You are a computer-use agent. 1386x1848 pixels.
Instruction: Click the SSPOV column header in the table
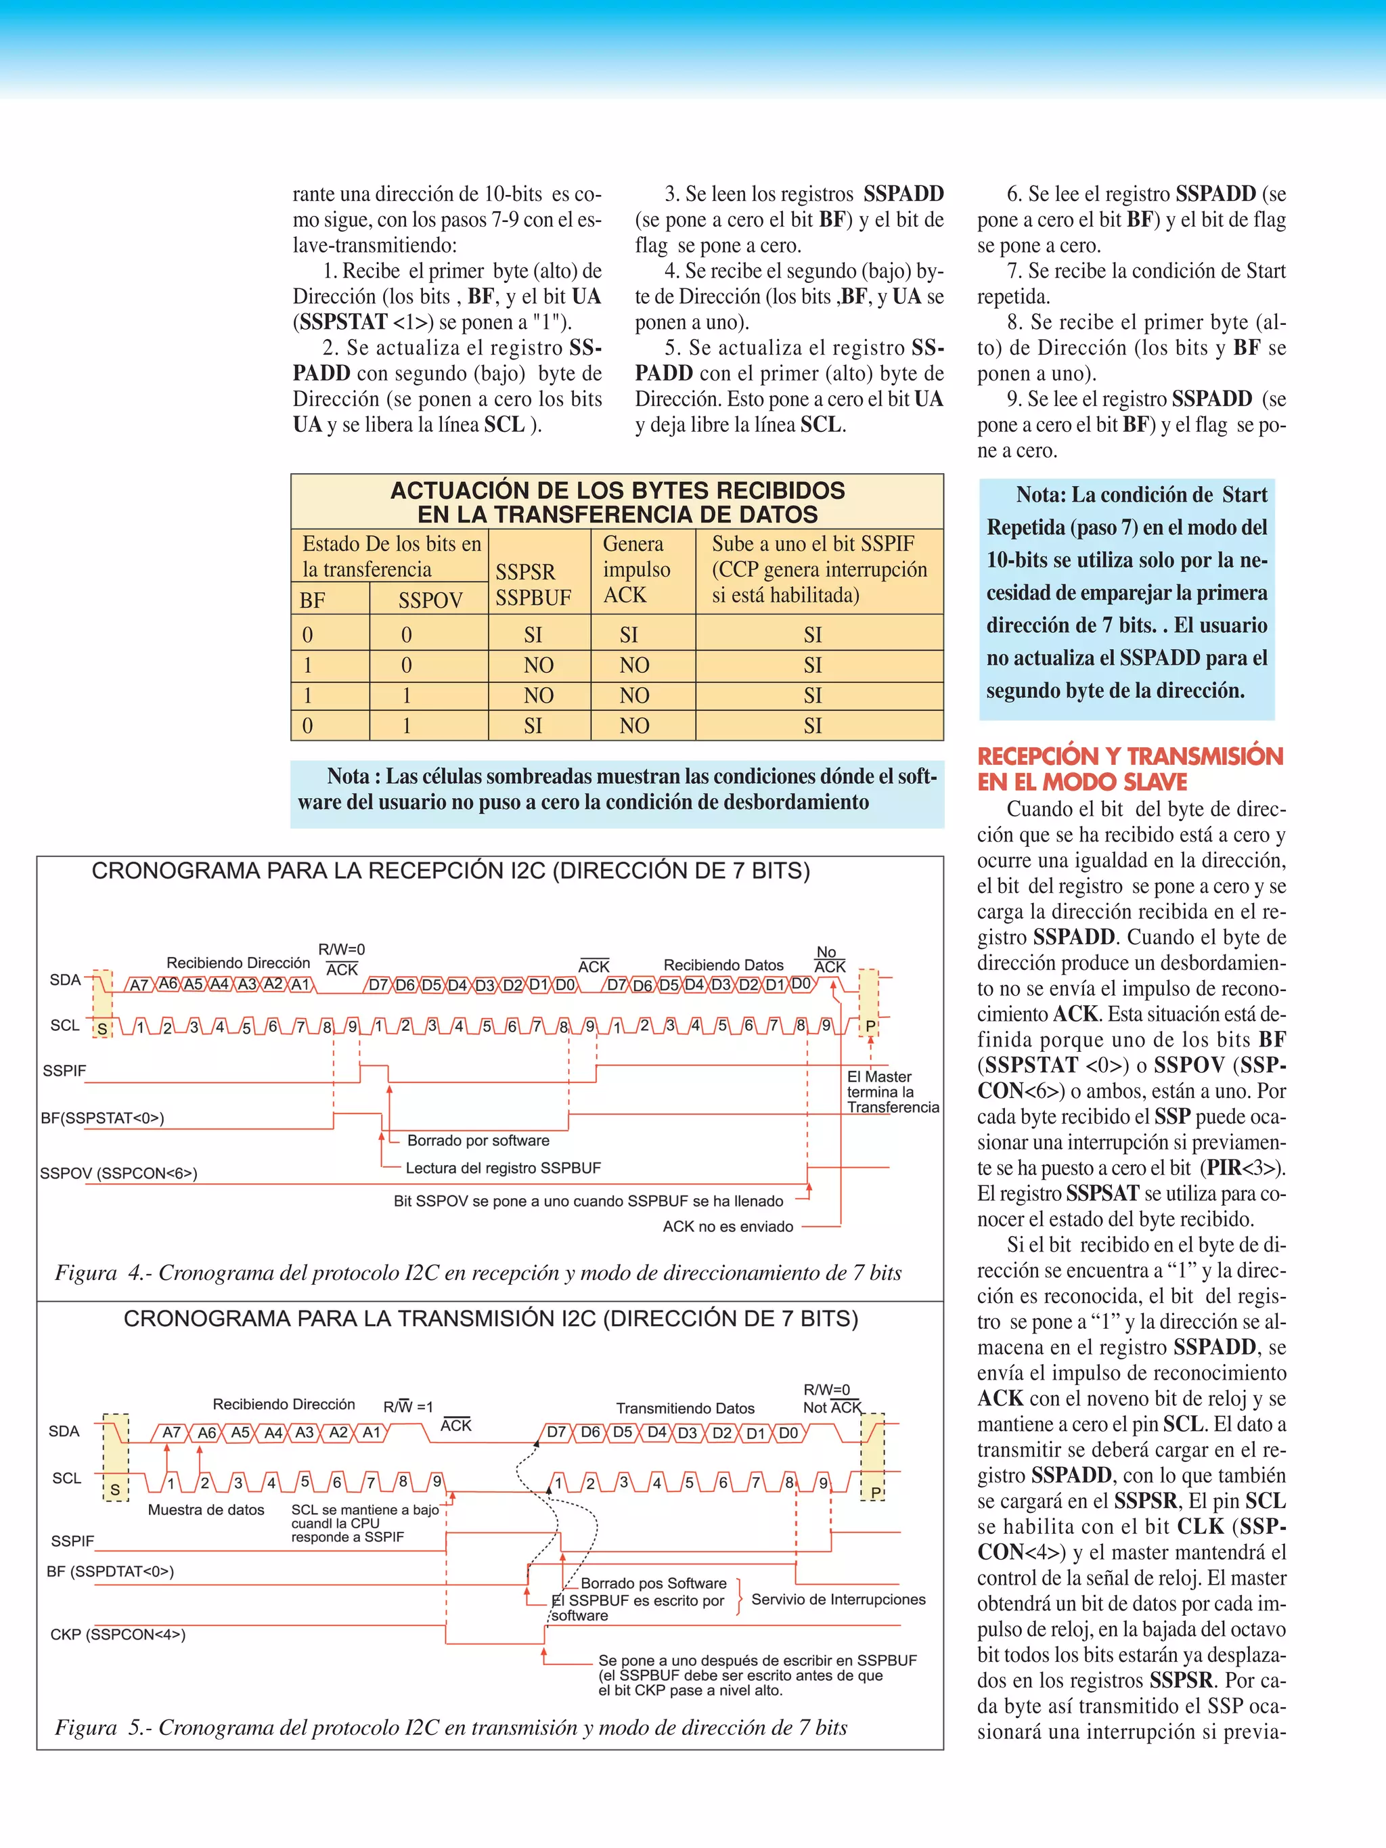pos(430,600)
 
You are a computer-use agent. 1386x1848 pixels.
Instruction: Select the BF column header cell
pos(313,600)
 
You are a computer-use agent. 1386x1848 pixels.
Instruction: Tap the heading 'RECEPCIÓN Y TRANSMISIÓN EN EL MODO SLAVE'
pos(1130,768)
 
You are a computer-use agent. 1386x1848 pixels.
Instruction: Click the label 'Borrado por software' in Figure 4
pos(478,1141)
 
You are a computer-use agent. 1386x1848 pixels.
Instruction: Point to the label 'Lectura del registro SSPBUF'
pos(503,1168)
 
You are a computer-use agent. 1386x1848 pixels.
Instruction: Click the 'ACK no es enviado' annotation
pos(728,1227)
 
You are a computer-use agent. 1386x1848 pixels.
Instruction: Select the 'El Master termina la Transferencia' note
pos(892,1092)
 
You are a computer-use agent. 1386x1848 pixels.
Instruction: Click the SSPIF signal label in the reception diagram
pos(64,1071)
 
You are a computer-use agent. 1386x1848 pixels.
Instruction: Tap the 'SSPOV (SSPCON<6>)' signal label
pos(118,1174)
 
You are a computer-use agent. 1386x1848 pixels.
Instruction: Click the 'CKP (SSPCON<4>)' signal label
pos(118,1634)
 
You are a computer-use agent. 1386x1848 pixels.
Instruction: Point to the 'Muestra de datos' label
pos(206,1510)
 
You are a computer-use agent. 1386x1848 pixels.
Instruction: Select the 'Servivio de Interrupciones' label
pos(838,1599)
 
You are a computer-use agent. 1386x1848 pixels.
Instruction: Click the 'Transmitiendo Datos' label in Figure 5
pos(685,1409)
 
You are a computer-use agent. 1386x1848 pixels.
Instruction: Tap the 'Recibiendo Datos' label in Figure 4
pos(723,965)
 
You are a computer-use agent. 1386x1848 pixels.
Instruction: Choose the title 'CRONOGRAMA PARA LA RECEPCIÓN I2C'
pos(450,871)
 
